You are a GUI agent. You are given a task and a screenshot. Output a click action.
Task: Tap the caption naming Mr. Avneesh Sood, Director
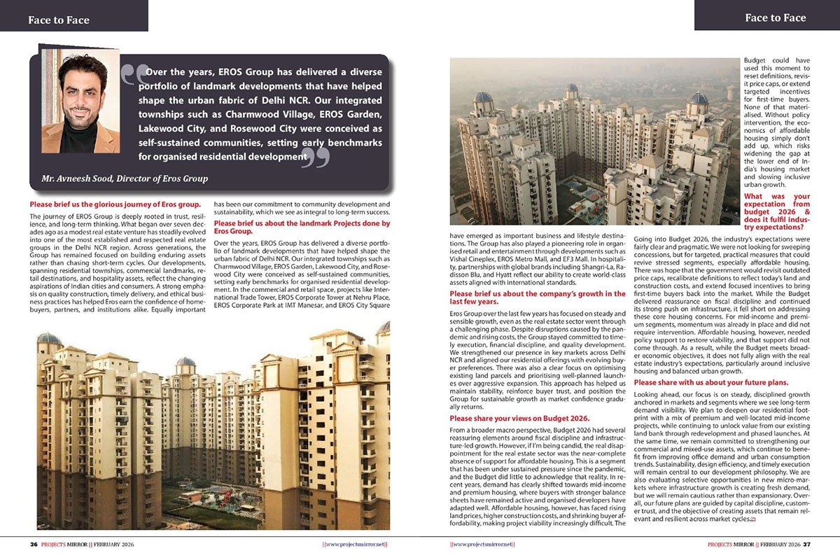pyautogui.click(x=125, y=178)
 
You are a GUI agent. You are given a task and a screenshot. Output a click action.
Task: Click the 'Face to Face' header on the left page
pyautogui.click(x=59, y=20)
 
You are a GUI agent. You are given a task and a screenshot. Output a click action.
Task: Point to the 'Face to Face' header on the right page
pyautogui.click(x=775, y=17)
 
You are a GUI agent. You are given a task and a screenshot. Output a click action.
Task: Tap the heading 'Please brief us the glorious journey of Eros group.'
pyautogui.click(x=115, y=204)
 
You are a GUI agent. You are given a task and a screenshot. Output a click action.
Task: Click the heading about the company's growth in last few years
pyautogui.click(x=537, y=297)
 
